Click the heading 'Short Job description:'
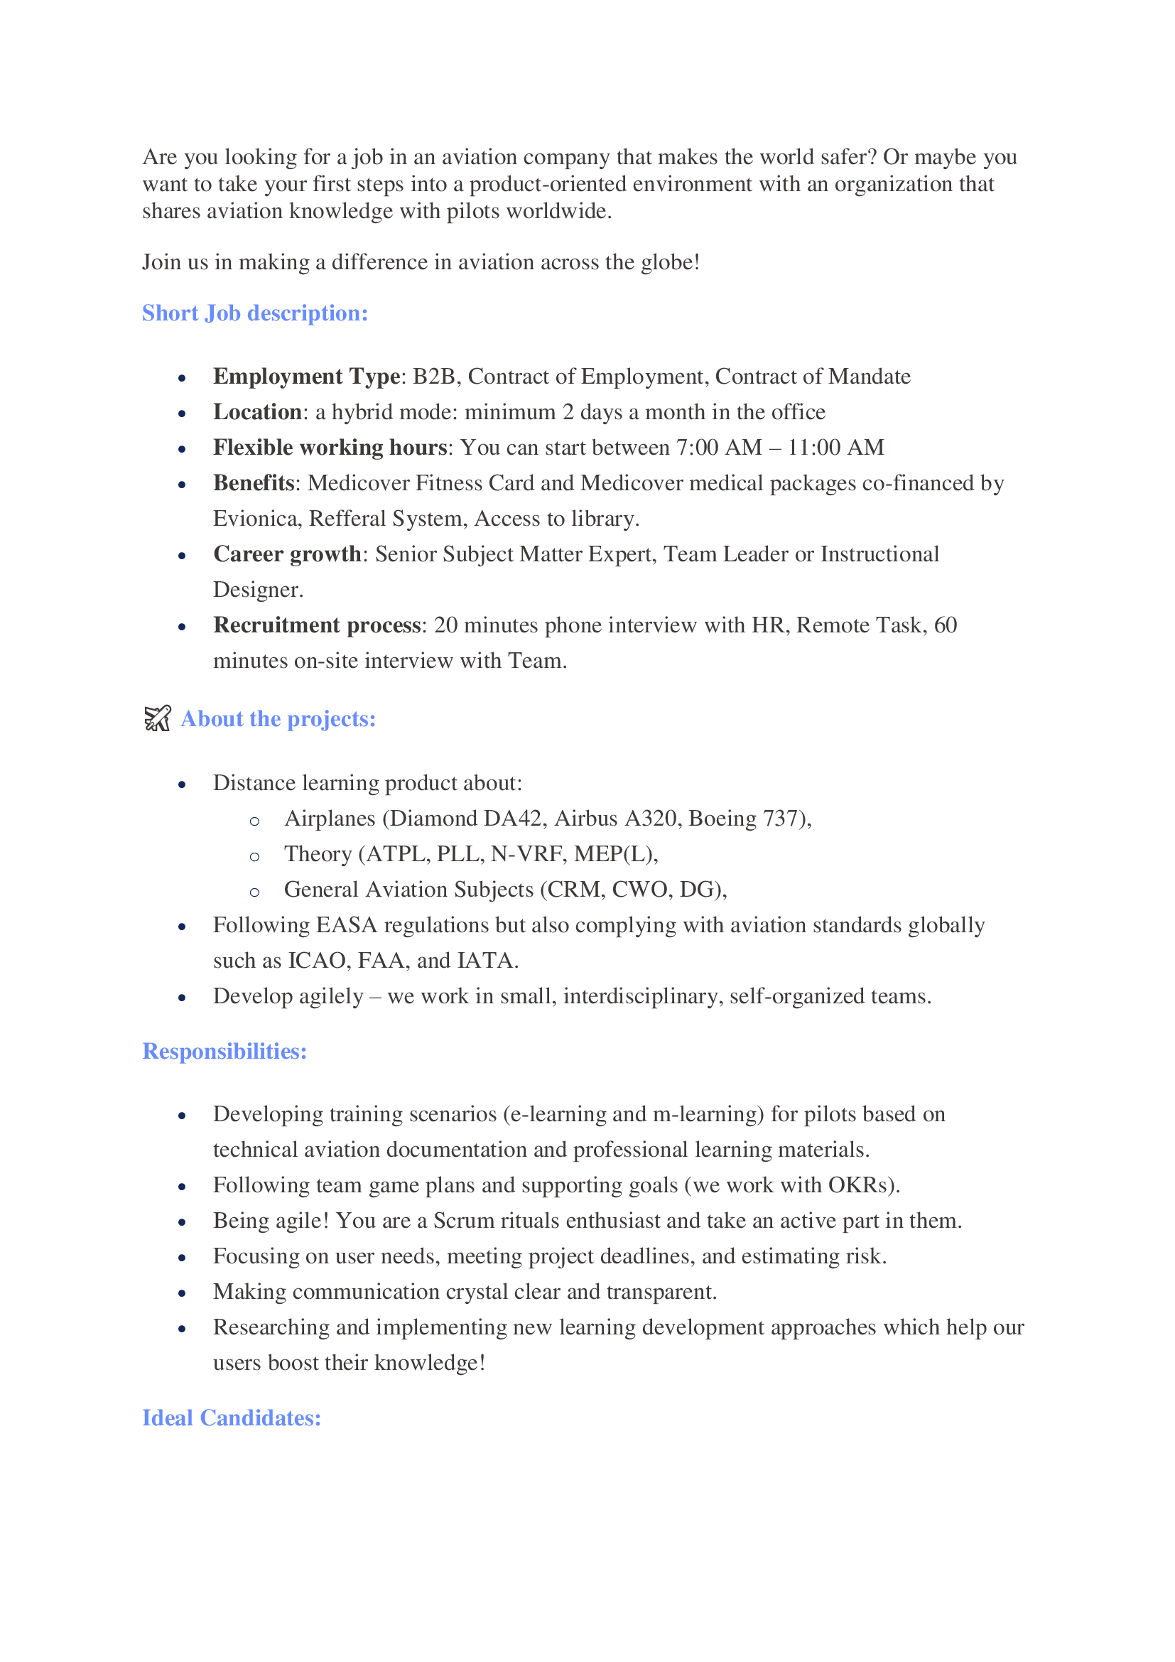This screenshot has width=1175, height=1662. [255, 313]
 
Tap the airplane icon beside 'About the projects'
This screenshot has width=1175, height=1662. [157, 719]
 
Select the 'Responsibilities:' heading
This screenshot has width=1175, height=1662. [224, 1051]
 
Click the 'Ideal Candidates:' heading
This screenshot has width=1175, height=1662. [232, 1418]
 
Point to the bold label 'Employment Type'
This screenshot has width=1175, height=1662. [306, 377]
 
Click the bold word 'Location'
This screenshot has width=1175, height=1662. [257, 412]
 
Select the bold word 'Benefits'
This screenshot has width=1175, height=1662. [253, 482]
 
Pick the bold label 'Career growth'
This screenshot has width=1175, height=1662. [287, 554]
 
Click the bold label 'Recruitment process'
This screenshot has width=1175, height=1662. [317, 625]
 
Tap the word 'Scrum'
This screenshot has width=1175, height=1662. [460, 1221]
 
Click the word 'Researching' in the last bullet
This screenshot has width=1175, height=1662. [271, 1327]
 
